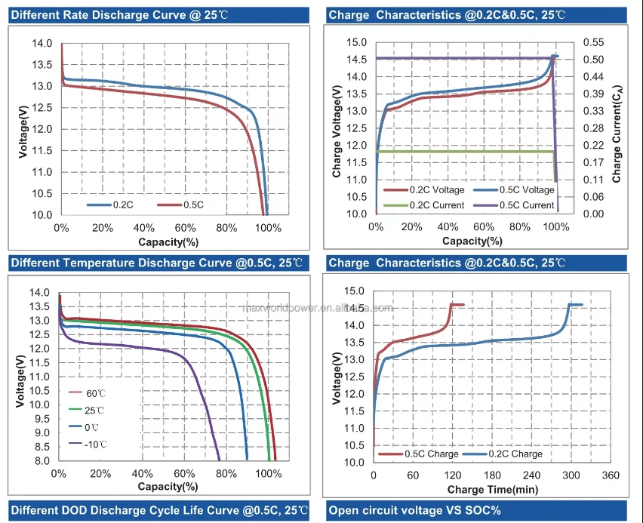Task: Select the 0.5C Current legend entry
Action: coord(513,205)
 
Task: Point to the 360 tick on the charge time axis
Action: coord(611,475)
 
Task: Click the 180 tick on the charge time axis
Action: coord(492,475)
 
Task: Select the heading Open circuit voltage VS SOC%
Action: coord(415,511)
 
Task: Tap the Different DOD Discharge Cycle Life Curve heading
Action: coord(159,511)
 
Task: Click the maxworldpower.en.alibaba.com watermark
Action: coord(316,308)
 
